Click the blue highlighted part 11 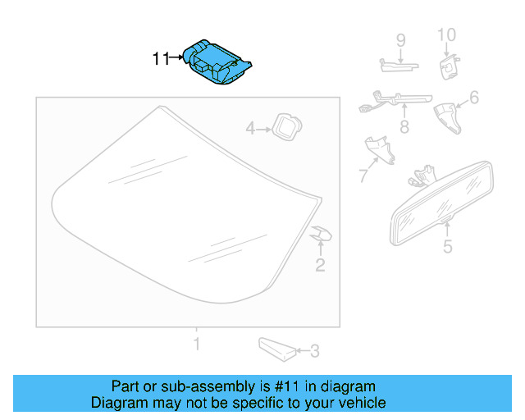click(x=217, y=62)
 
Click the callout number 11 click(x=161, y=59)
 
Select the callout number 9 click(x=401, y=39)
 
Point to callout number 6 click(x=474, y=99)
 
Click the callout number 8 click(x=404, y=127)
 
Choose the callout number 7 click(x=363, y=175)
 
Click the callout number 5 click(x=447, y=246)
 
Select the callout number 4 click(x=251, y=128)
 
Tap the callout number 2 click(x=320, y=264)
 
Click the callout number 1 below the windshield click(x=196, y=343)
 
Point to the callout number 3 click(x=315, y=352)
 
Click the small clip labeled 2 click(x=321, y=235)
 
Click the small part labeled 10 click(x=448, y=66)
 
